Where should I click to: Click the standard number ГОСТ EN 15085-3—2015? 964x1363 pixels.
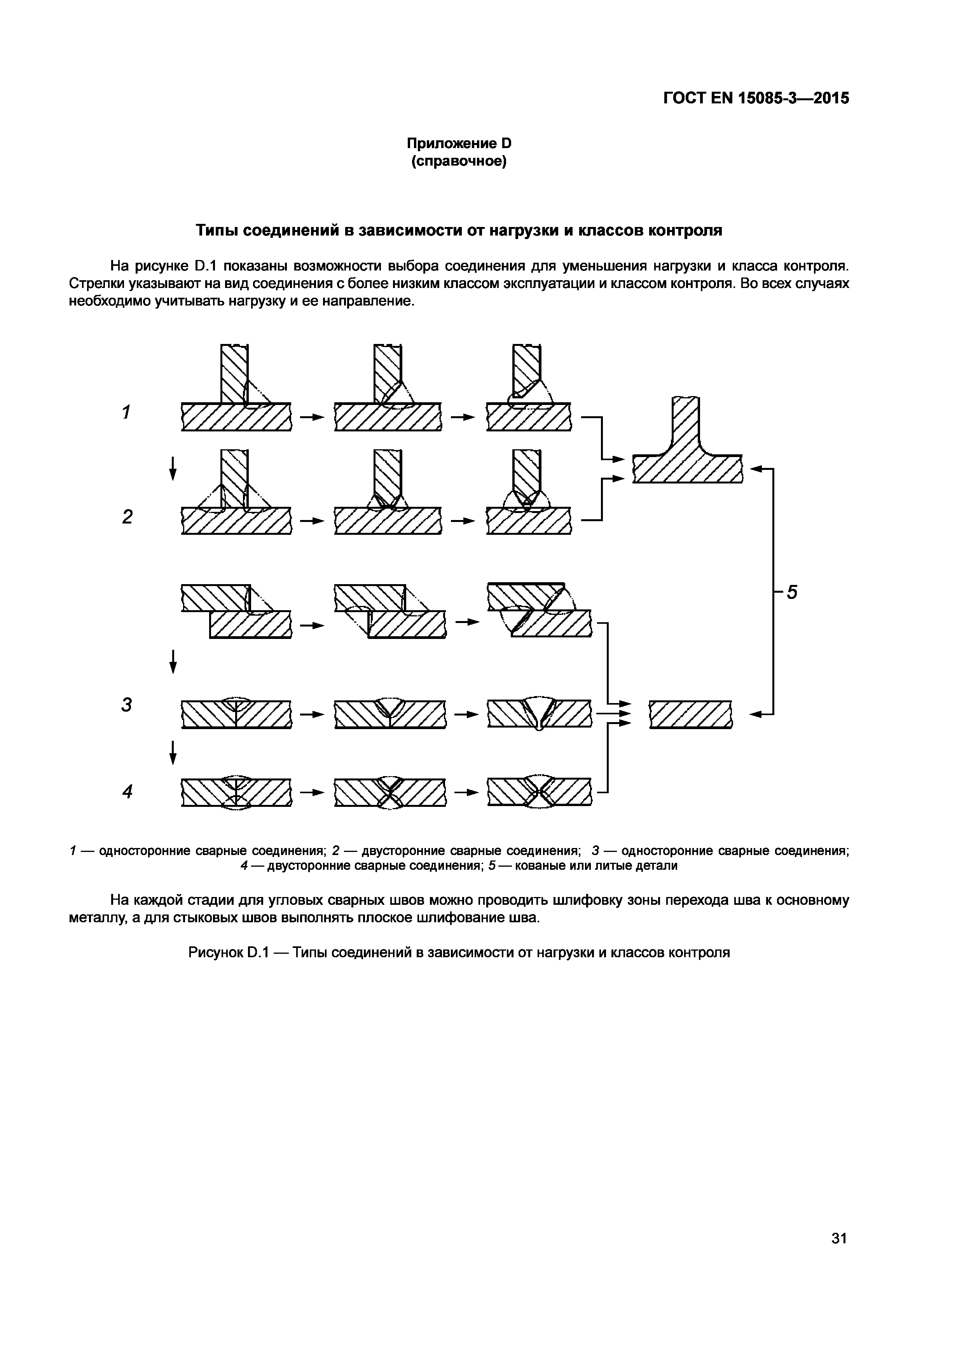point(756,98)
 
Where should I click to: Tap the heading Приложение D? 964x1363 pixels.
point(458,144)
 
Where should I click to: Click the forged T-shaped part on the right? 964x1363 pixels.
point(687,451)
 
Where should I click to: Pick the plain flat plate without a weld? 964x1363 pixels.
point(690,714)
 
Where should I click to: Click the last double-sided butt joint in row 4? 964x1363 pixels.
point(539,792)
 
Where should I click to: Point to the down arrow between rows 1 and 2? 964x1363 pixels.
point(173,468)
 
